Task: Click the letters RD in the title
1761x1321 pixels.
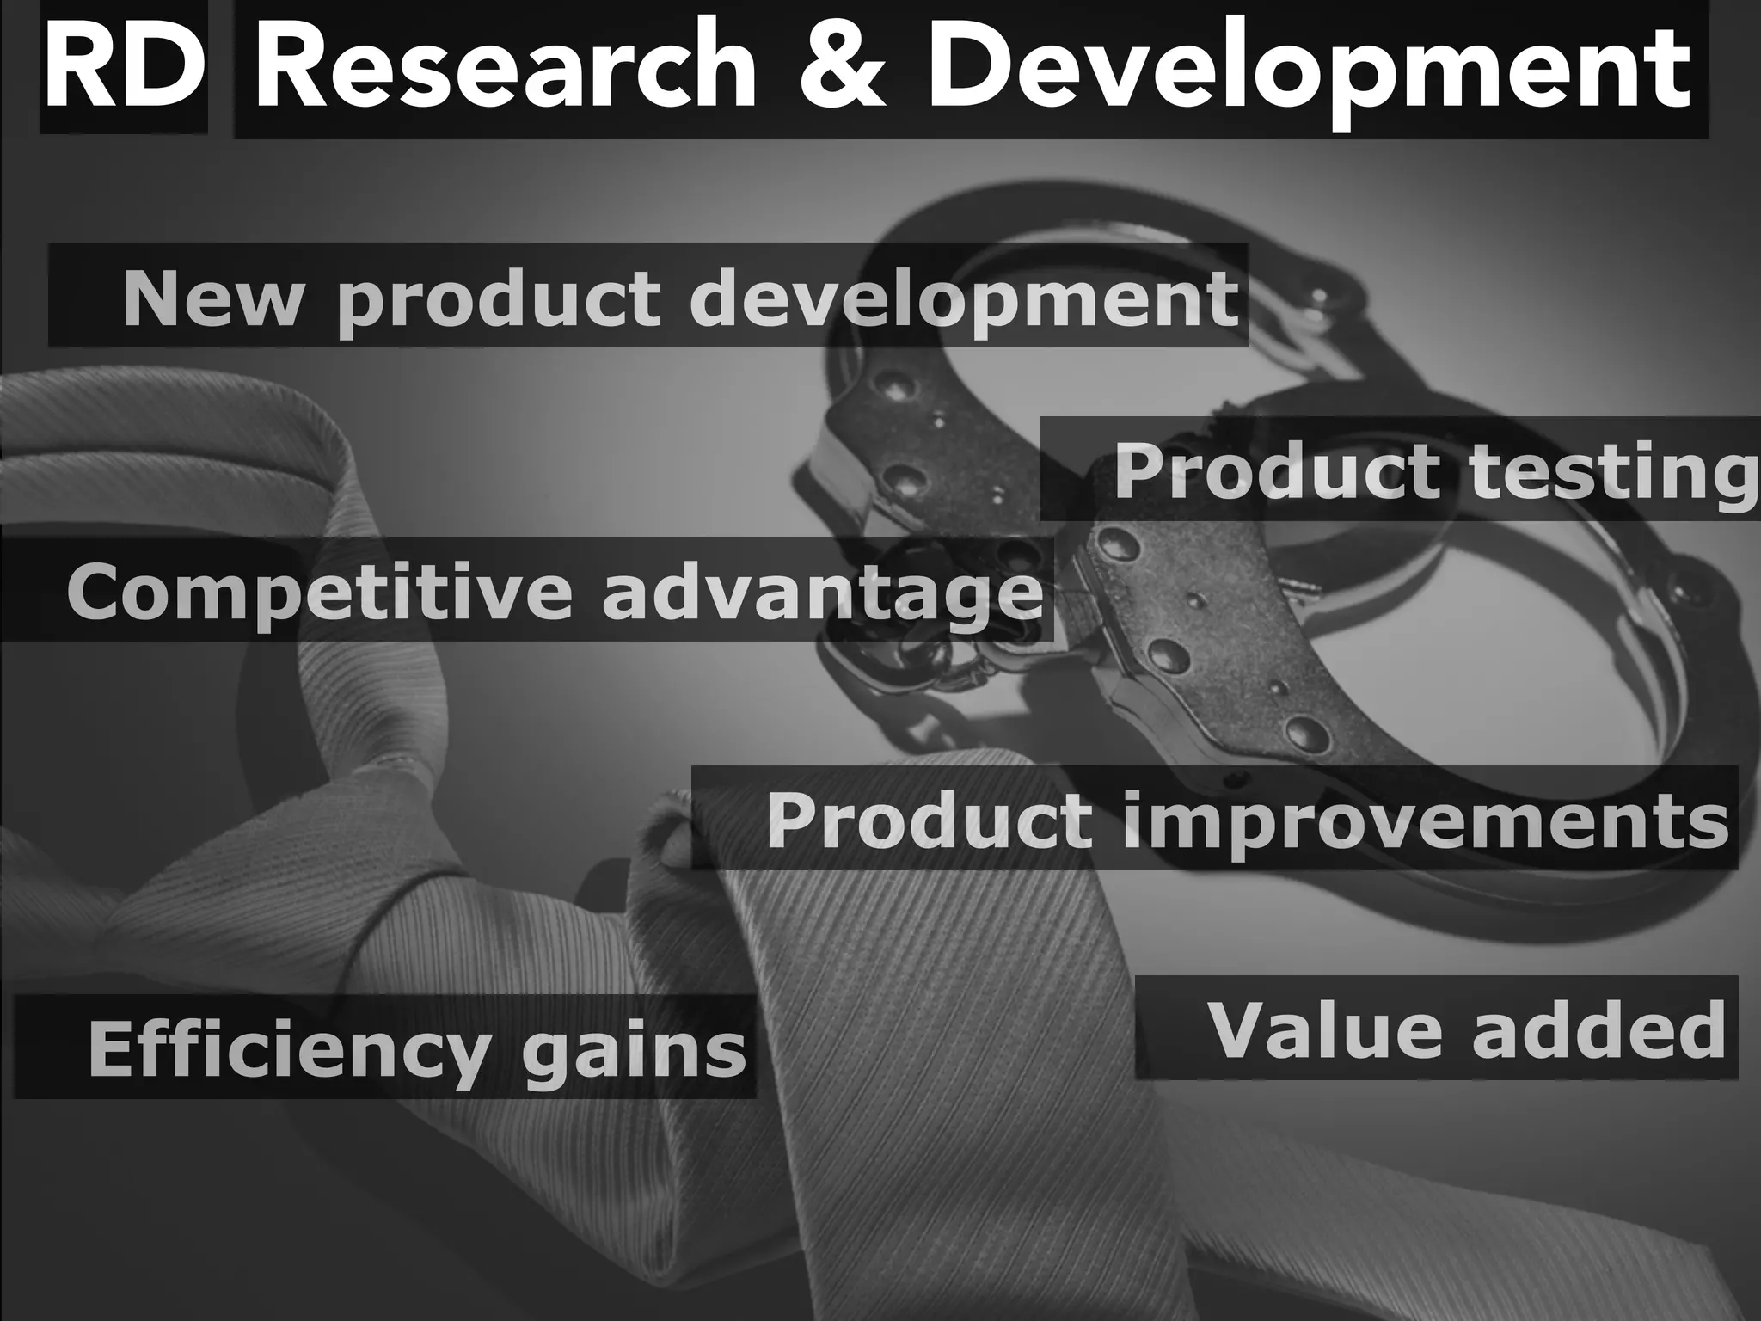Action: (123, 70)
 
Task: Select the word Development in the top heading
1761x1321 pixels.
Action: (1307, 73)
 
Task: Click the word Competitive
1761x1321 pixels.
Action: (318, 593)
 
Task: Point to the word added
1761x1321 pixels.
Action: (1599, 1029)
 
